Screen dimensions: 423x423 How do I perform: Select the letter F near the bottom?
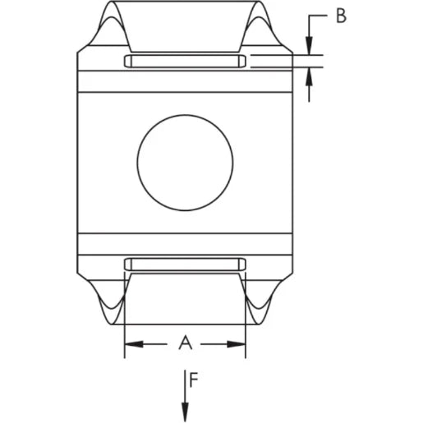coord(193,380)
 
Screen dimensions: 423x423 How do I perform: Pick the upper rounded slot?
coord(185,62)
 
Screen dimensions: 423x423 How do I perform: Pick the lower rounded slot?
coord(185,263)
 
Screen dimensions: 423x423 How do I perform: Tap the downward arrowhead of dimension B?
coord(310,48)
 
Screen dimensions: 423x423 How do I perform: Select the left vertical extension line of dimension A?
coord(124,320)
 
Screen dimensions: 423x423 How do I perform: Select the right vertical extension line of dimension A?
coord(246,320)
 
